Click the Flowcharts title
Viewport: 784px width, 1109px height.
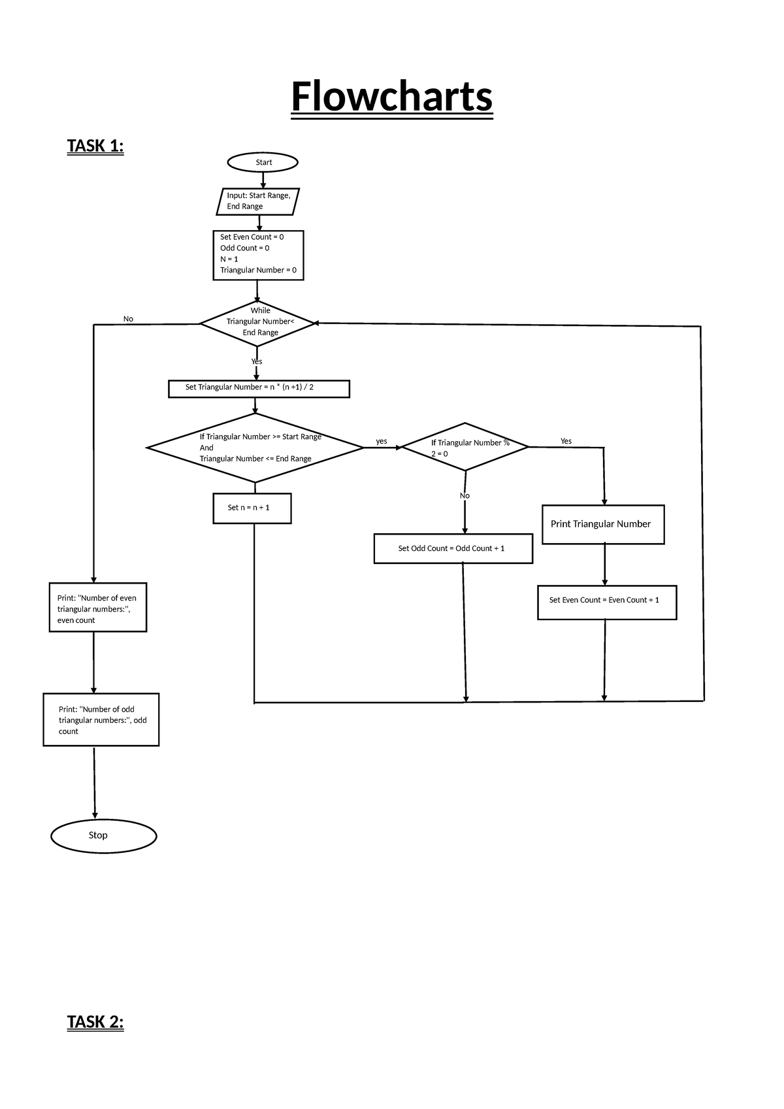[391, 97]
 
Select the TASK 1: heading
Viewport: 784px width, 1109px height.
[95, 146]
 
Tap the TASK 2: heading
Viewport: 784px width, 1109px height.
[95, 1021]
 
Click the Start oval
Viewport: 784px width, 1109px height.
[263, 162]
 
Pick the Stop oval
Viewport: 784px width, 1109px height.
[103, 835]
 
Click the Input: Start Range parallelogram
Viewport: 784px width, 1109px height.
[258, 201]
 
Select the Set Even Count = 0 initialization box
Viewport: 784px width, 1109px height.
[258, 255]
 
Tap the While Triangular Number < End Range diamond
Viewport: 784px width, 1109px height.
[257, 323]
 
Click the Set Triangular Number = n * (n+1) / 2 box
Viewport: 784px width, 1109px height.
[259, 388]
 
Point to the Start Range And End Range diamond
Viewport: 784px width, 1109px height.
[255, 448]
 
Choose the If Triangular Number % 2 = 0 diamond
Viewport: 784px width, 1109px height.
[465, 447]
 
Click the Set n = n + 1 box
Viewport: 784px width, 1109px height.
[252, 508]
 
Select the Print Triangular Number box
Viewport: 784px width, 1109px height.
[602, 524]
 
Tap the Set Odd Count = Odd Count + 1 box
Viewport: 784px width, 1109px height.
[453, 548]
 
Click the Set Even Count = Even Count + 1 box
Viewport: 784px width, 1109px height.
[606, 601]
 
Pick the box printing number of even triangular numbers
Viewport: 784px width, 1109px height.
[97, 608]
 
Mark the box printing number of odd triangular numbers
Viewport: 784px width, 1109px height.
[101, 720]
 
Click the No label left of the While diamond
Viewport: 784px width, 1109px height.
[128, 319]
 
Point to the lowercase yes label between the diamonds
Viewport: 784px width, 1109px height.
[382, 441]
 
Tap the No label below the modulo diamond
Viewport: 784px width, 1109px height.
[465, 495]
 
